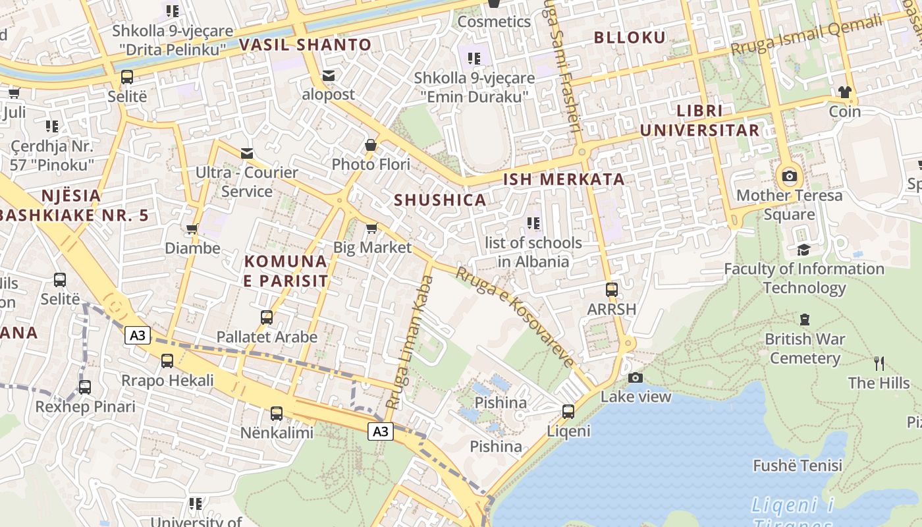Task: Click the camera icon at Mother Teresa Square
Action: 789,176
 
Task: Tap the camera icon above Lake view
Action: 636,377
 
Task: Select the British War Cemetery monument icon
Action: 804,319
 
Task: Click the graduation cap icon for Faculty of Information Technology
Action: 803,250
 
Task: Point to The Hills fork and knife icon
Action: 879,363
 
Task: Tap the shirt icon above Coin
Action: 844,92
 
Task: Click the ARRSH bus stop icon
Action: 611,289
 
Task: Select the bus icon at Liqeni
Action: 568,412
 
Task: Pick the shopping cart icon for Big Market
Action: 371,228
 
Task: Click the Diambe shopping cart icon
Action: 192,229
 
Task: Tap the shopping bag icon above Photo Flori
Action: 371,144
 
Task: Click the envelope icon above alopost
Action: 328,76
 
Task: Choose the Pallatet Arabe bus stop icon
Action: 267,318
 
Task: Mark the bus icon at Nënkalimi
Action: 277,414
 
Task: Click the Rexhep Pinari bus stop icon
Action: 85,387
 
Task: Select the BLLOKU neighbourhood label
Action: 630,38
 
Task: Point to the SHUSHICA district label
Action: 440,200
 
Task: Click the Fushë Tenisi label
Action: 798,466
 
